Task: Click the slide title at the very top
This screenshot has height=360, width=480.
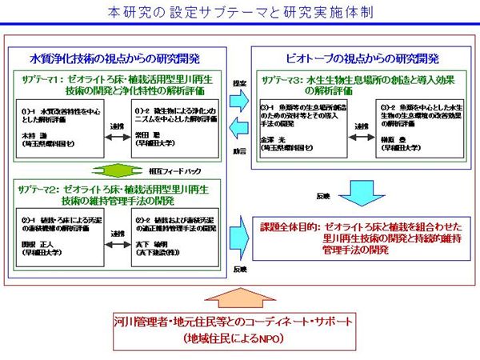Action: coord(239,14)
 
